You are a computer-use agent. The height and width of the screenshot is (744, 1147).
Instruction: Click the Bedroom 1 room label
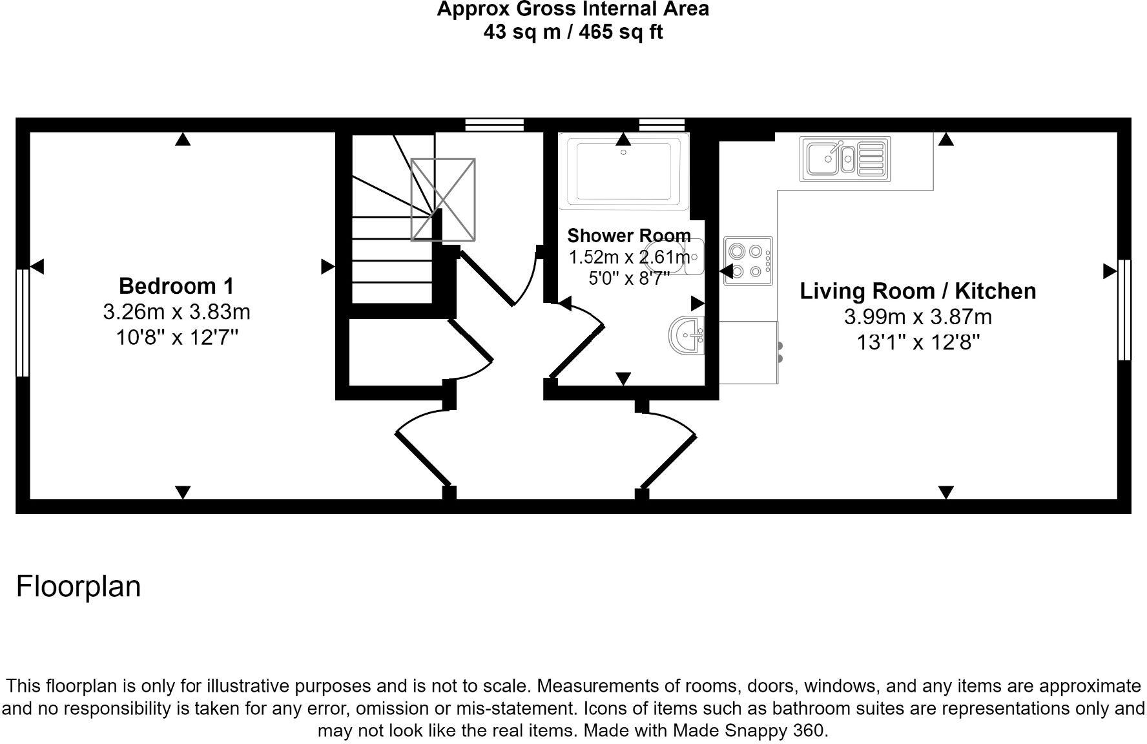pyautogui.click(x=176, y=285)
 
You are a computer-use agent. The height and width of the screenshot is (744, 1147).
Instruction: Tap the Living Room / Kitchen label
pyautogui.click(x=918, y=291)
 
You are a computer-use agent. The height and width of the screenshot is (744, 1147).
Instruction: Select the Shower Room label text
pyautogui.click(x=628, y=236)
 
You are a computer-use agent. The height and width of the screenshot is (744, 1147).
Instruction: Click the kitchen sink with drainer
pyautogui.click(x=845, y=159)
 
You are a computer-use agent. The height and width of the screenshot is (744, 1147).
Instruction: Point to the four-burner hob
pyautogui.click(x=748, y=261)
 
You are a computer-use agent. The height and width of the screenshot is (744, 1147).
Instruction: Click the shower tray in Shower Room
pyautogui.click(x=623, y=171)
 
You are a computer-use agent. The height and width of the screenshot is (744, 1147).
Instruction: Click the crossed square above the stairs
pyautogui.click(x=443, y=200)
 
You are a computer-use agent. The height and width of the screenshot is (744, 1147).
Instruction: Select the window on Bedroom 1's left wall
pyautogui.click(x=23, y=323)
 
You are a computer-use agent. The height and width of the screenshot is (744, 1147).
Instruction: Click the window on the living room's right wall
pyautogui.click(x=1124, y=310)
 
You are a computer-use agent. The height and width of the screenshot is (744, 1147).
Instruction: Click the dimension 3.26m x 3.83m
pyautogui.click(x=176, y=312)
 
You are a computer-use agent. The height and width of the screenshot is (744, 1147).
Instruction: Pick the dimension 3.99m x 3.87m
pyautogui.click(x=918, y=317)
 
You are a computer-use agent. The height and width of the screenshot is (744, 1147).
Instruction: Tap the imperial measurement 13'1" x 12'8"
pyautogui.click(x=918, y=342)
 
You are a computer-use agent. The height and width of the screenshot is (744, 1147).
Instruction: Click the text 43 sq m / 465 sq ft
pyautogui.click(x=573, y=32)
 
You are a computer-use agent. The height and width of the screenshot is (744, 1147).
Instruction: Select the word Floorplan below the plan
pyautogui.click(x=78, y=586)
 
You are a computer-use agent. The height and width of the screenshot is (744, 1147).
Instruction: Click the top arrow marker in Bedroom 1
pyautogui.click(x=183, y=139)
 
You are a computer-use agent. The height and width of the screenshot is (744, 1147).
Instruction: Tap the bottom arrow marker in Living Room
pyautogui.click(x=945, y=493)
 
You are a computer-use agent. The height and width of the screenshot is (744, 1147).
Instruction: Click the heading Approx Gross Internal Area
pyautogui.click(x=573, y=9)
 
